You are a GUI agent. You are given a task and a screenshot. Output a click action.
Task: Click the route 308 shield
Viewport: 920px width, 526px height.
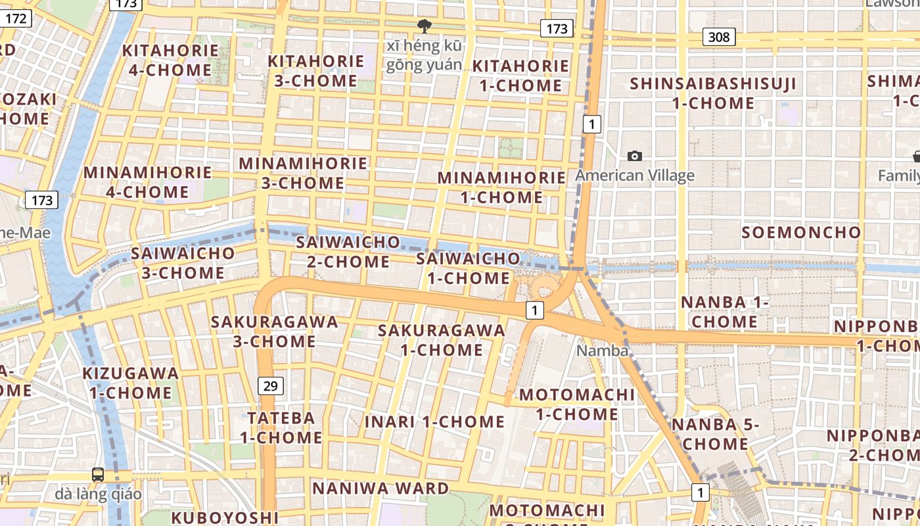(718, 37)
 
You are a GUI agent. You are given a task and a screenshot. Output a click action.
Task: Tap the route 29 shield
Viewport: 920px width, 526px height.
(270, 386)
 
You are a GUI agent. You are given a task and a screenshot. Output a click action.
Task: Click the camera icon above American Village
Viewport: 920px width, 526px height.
(634, 156)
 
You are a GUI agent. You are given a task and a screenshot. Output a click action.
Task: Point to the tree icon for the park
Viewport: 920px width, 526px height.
(425, 26)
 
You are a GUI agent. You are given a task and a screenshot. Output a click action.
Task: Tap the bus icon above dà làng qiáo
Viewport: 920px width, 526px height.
(97, 474)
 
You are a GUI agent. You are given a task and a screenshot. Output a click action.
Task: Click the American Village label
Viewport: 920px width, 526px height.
(635, 176)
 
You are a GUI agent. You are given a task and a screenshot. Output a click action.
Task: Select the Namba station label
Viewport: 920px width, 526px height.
(602, 350)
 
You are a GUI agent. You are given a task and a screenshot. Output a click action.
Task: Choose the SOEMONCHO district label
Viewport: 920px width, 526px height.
(801, 232)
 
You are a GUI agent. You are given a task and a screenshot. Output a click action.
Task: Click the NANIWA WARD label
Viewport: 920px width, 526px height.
(380, 488)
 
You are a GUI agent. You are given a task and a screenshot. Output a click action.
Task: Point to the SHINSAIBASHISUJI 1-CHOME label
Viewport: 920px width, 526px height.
(713, 93)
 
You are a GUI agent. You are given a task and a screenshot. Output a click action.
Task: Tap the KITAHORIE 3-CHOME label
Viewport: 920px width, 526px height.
(315, 71)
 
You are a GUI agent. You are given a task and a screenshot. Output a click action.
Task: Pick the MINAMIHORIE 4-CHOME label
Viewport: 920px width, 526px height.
(148, 182)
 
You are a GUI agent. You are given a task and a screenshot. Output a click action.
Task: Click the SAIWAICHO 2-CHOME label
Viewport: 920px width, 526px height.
(348, 251)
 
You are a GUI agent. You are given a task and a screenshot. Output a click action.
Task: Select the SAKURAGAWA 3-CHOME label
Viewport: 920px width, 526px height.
(274, 331)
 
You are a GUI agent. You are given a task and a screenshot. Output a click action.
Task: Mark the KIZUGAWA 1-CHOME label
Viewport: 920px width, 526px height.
(130, 383)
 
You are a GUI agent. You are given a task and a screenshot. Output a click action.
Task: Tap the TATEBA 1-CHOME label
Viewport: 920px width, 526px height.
(281, 427)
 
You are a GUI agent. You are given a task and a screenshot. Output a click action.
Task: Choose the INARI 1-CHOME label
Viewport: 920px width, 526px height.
(434, 421)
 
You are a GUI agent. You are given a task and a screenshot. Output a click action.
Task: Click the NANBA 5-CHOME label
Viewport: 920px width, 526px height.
(715, 434)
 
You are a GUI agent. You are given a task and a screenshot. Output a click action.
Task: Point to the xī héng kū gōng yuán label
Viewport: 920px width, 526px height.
(425, 55)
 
